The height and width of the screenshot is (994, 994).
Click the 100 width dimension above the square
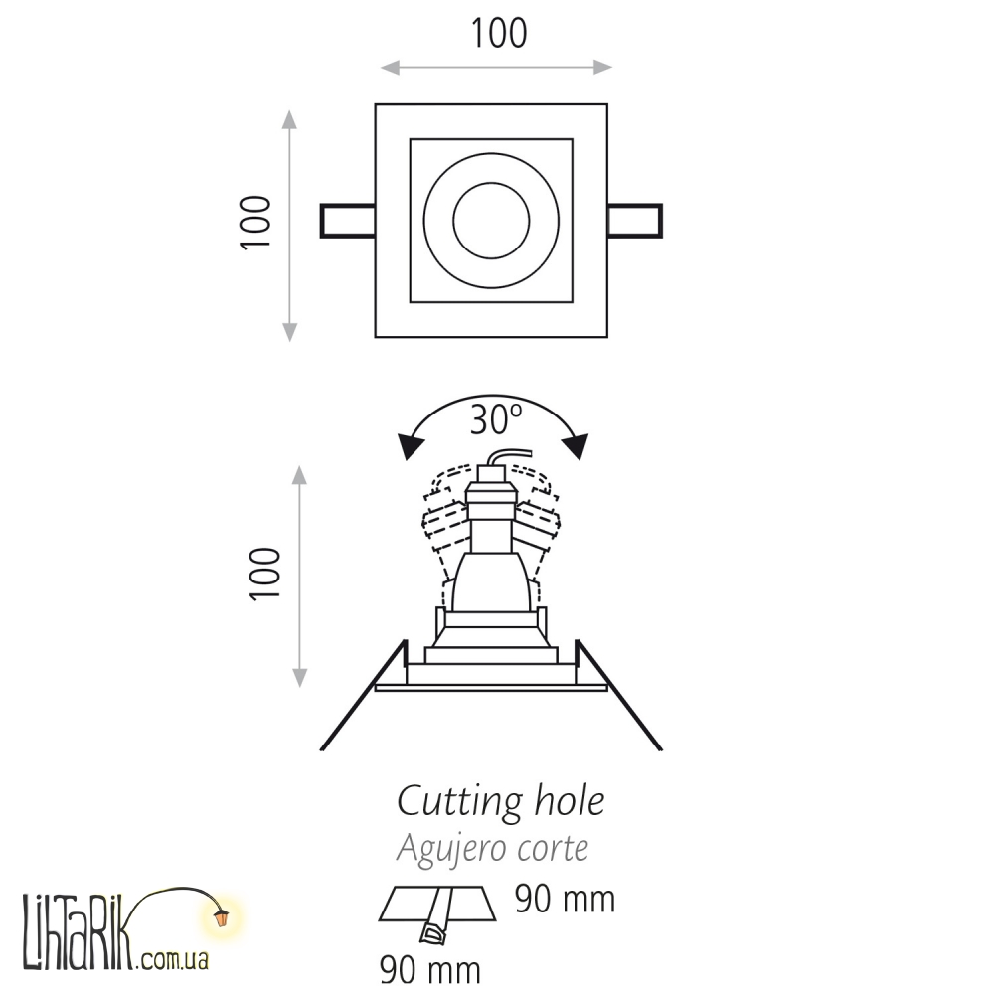pos(499,34)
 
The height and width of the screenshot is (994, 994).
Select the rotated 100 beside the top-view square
pos(256,223)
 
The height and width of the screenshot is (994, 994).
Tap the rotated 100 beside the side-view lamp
pos(265,574)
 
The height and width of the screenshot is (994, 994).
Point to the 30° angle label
pos(496,419)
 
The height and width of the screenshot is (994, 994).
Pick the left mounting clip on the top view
pos(347,221)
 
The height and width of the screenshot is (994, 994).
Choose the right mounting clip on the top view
pos(634,221)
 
